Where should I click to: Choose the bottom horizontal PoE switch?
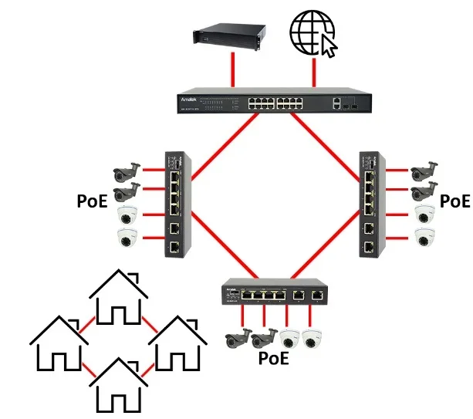point(272,292)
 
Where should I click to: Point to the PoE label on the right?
point(453,201)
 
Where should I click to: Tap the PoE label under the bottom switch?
point(273,357)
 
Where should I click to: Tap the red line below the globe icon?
point(314,74)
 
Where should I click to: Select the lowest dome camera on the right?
point(422,237)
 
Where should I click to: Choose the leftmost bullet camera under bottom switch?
point(238,337)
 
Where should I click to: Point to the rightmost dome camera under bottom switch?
point(311,337)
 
